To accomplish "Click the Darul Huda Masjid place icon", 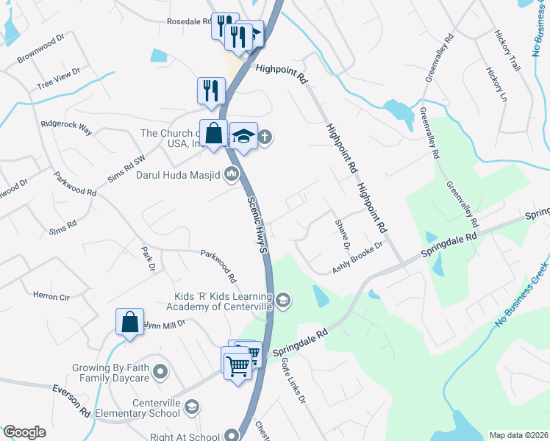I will tap(232, 174).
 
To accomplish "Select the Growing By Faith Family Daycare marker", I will tap(161, 372).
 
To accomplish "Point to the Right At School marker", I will tap(234, 435).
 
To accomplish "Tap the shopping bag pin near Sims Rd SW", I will tap(213, 134).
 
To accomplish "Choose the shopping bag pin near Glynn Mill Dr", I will tap(129, 323).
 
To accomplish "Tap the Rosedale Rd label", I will tap(188, 21).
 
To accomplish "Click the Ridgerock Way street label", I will tap(67, 128).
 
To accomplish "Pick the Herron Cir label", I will tap(51, 297).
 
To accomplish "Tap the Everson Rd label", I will tap(71, 398).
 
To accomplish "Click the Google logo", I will tap(24, 432).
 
